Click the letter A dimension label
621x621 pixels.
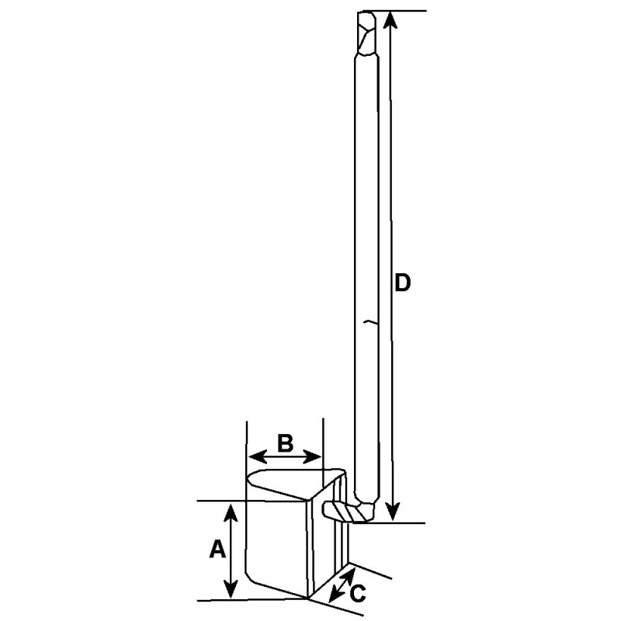click(x=217, y=550)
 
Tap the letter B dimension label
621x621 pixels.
click(x=285, y=443)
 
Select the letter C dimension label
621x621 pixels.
click(x=358, y=594)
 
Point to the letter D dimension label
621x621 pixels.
click(x=402, y=283)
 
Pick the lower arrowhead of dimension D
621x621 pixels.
click(x=393, y=513)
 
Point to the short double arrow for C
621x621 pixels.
click(x=342, y=585)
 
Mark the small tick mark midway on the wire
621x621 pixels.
click(x=371, y=321)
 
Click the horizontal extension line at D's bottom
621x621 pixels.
click(x=404, y=523)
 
